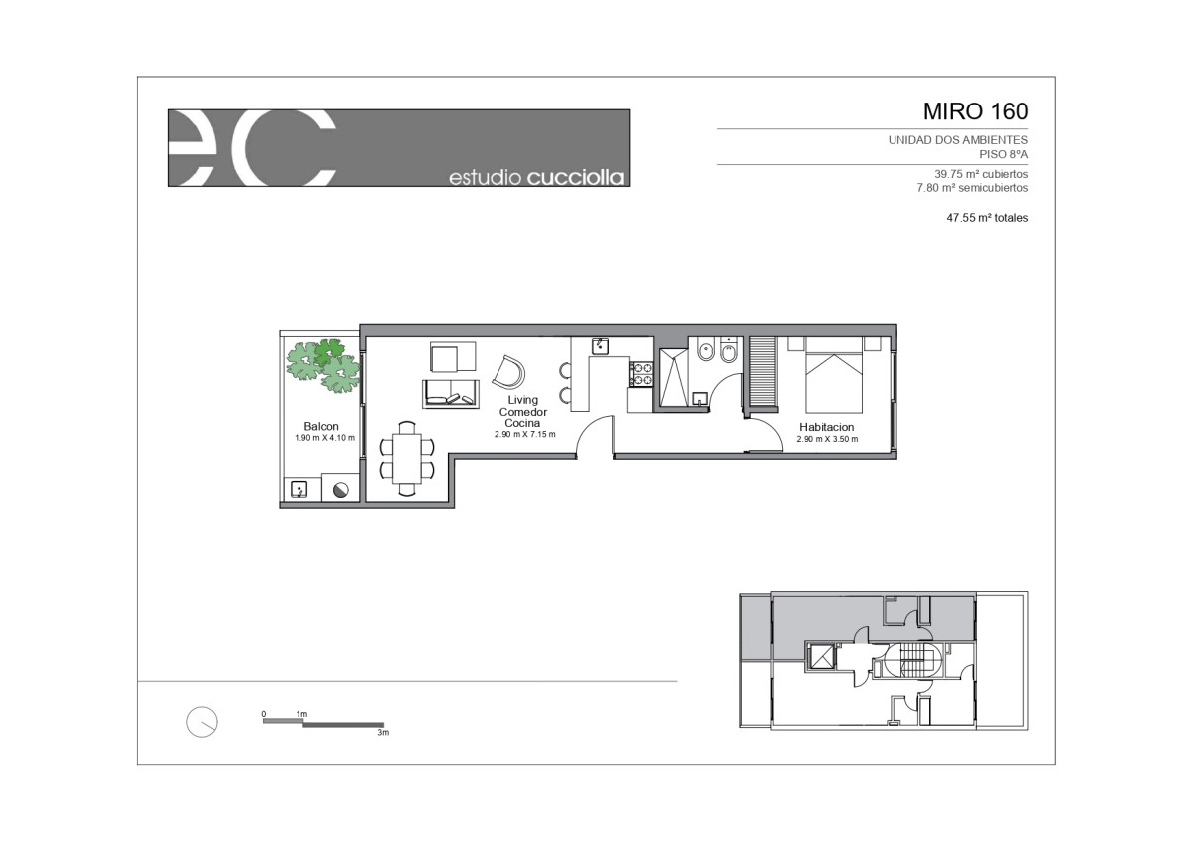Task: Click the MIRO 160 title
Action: [975, 111]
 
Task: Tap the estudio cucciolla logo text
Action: [536, 177]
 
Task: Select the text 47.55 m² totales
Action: [987, 218]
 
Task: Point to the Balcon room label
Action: [321, 427]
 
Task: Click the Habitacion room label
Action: [826, 427]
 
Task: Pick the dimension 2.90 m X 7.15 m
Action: [525, 435]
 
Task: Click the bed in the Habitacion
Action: [834, 375]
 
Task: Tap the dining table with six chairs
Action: [407, 459]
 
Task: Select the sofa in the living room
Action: [451, 394]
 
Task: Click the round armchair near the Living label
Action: [509, 372]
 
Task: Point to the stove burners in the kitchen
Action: [641, 374]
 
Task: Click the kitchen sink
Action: [601, 346]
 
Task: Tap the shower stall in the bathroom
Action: [674, 378]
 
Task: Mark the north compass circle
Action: [202, 722]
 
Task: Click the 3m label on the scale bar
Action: [383, 733]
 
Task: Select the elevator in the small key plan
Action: [820, 656]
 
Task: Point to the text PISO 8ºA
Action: [1004, 154]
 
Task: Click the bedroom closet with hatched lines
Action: [762, 373]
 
